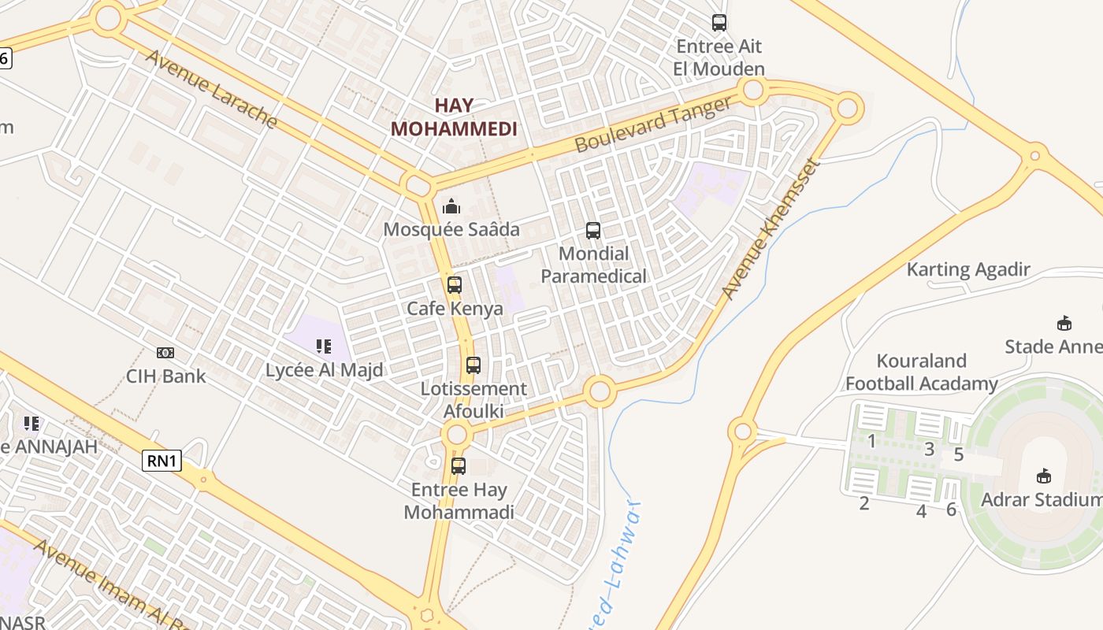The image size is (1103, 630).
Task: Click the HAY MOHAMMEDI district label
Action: (x=454, y=117)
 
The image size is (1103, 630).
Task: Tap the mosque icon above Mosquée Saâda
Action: (x=451, y=207)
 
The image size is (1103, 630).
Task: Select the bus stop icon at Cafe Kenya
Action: (x=454, y=285)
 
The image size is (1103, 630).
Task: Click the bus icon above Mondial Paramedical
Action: (x=593, y=231)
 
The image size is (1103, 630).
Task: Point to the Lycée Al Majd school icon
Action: (x=323, y=346)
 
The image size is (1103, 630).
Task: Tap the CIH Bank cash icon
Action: (x=165, y=353)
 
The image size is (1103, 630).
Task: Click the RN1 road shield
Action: (x=162, y=461)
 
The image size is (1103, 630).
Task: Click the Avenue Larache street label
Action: (x=211, y=89)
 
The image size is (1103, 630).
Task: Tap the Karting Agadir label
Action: (x=968, y=269)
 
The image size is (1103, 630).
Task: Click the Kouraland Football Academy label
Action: (x=922, y=372)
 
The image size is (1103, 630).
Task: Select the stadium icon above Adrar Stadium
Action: (x=1044, y=476)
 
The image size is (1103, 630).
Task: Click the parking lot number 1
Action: (x=871, y=441)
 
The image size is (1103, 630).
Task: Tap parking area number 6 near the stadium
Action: (x=951, y=510)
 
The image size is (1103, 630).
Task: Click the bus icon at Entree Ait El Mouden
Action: (x=719, y=23)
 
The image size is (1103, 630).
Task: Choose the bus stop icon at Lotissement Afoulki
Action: (x=473, y=365)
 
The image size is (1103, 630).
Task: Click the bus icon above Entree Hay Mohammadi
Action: (x=459, y=465)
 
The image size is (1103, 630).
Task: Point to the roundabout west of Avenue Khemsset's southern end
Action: (x=600, y=391)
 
